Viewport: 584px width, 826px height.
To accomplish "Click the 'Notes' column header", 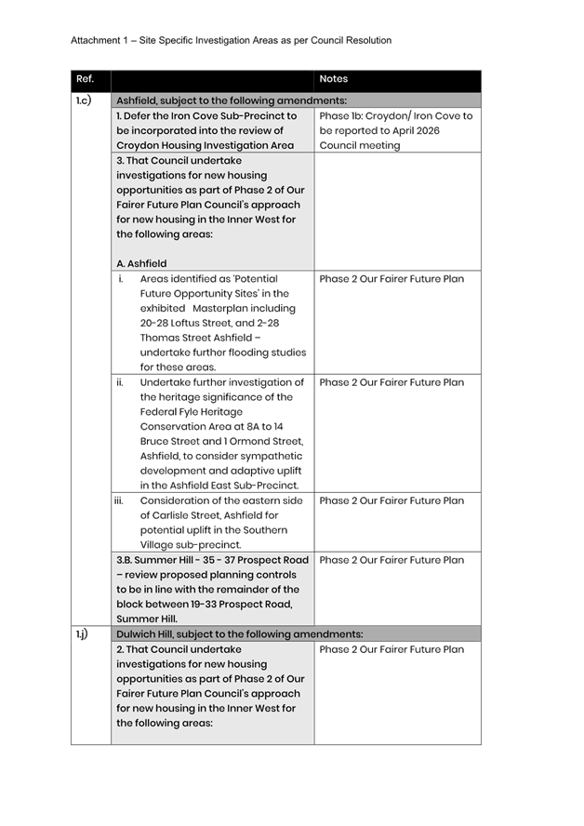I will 333,79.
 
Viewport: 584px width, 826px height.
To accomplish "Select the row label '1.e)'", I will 82,100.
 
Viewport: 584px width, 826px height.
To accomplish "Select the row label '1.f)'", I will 82,634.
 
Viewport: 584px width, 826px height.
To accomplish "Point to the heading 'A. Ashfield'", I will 141,264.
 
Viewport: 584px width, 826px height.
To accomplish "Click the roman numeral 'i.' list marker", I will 121,279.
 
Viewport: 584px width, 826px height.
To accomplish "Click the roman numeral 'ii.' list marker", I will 120,382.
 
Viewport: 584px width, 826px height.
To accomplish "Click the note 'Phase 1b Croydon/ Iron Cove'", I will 395,116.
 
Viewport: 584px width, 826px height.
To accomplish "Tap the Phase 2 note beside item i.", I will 391,279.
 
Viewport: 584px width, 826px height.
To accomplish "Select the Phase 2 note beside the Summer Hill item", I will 391,561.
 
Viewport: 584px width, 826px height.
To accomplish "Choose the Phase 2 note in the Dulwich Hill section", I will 391,649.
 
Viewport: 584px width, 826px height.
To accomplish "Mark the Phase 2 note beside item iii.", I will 391,501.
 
